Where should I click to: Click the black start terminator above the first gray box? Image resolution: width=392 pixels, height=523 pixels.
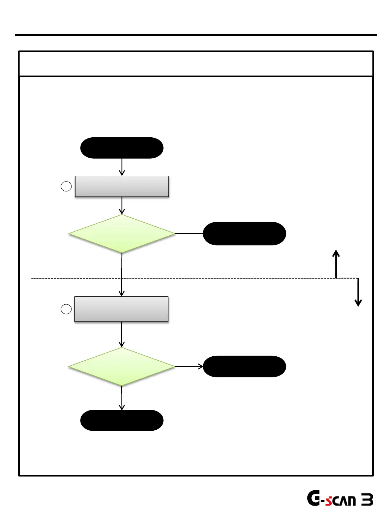(x=122, y=148)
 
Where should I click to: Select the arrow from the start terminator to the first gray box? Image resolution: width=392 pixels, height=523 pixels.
(x=122, y=167)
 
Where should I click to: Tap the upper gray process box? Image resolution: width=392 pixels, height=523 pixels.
(x=122, y=186)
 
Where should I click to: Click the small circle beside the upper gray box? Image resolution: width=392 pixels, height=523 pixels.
(x=66, y=186)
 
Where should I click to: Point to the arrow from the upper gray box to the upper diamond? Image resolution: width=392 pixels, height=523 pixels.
(x=122, y=206)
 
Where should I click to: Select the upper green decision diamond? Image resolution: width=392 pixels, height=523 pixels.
(x=122, y=234)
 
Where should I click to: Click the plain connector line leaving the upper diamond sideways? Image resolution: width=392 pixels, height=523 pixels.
(x=189, y=234)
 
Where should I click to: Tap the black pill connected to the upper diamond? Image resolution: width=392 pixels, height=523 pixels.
(x=244, y=234)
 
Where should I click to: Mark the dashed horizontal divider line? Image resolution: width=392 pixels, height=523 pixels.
(x=218, y=278)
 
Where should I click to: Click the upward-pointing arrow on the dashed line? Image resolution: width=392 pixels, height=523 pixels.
(x=336, y=263)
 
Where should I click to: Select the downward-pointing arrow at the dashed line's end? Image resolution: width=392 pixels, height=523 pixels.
(x=358, y=293)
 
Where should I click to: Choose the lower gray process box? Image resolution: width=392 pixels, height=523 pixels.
(x=121, y=309)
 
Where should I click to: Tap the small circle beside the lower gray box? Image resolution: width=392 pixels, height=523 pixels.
(x=66, y=309)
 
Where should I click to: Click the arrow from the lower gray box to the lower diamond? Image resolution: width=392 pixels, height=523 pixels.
(x=122, y=335)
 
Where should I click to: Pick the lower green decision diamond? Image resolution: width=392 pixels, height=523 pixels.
(x=122, y=366)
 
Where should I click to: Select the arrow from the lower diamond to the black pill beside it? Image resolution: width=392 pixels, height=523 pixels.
(x=189, y=366)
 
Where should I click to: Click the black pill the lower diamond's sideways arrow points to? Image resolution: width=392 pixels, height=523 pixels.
(x=244, y=366)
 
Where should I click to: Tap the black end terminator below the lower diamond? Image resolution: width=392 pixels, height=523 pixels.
(x=122, y=420)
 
